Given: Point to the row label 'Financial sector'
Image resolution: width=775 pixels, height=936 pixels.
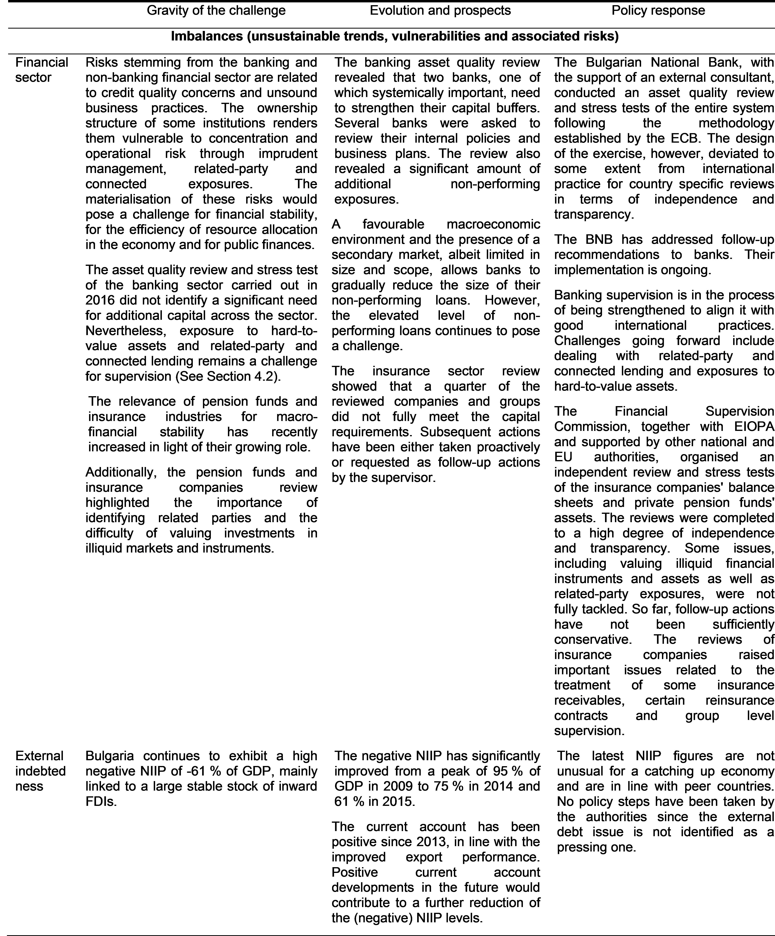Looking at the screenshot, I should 41,70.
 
